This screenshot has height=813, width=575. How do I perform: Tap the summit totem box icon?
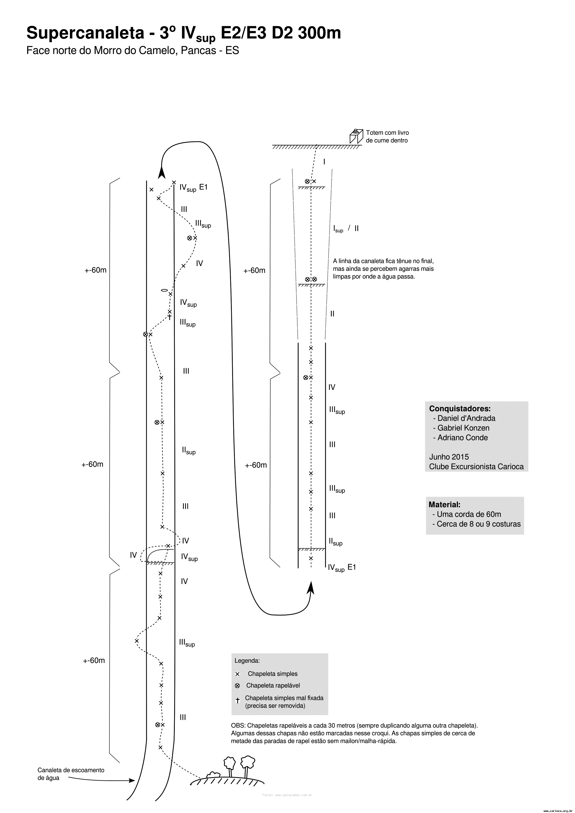[356, 136]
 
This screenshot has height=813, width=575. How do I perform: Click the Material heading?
[444, 505]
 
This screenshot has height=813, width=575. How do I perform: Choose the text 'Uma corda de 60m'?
[469, 514]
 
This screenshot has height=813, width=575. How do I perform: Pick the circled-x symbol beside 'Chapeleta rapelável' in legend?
[237, 686]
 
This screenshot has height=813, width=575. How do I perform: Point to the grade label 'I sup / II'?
[346, 229]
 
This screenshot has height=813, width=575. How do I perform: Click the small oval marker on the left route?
[164, 290]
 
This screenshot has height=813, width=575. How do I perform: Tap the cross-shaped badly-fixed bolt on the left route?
[170, 317]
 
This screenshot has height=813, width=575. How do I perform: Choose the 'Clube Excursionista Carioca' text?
[476, 466]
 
